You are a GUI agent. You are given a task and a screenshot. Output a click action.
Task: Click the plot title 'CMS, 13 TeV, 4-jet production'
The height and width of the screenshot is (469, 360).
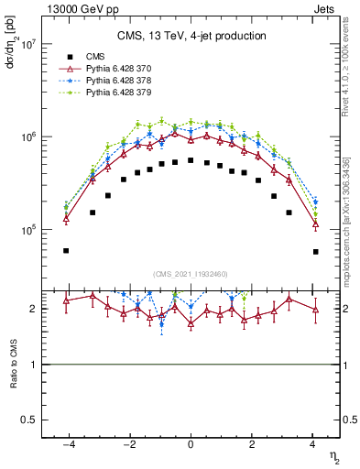pyautogui.click(x=191, y=37)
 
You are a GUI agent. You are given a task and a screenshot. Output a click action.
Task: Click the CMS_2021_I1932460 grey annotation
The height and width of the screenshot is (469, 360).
pyautogui.click(x=191, y=273)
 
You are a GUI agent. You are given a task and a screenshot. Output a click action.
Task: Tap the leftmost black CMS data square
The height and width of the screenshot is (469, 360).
pyautogui.click(x=66, y=250)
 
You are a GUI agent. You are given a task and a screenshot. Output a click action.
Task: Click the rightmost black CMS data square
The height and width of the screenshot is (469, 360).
pyautogui.click(x=315, y=251)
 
